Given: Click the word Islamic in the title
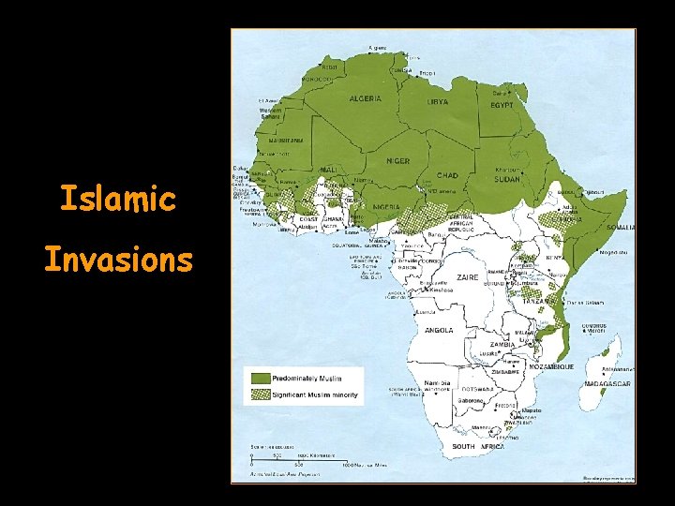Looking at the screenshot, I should [x=117, y=199].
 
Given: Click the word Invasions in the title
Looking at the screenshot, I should [x=118, y=259].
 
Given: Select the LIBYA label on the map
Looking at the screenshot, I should [x=439, y=100].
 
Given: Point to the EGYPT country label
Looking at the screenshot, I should [x=502, y=106].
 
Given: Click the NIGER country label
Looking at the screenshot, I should [x=398, y=160].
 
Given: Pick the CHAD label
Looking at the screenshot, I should [x=447, y=176].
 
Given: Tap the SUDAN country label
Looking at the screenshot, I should [x=506, y=177].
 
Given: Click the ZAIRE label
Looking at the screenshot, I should [x=467, y=277].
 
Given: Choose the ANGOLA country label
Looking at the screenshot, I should [x=438, y=330].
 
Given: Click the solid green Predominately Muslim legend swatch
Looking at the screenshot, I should [x=259, y=377].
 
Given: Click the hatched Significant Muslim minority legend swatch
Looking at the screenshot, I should [x=259, y=395].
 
